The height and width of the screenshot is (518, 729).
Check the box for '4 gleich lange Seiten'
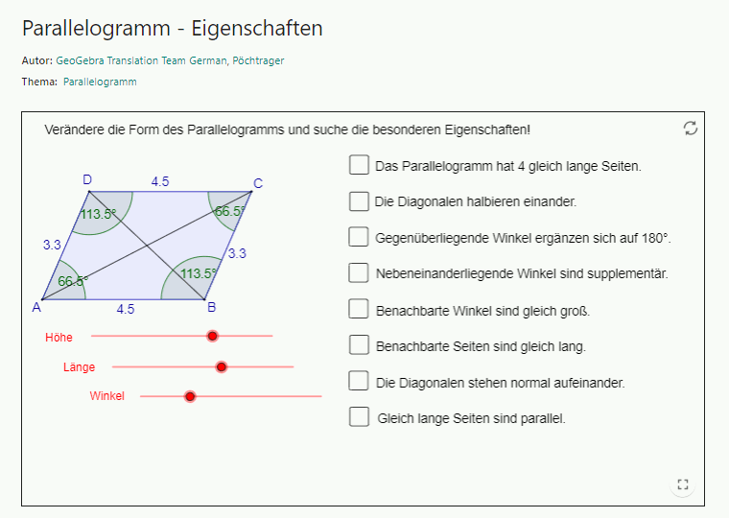[x=359, y=165]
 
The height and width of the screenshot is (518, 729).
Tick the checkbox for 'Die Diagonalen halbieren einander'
[x=359, y=201]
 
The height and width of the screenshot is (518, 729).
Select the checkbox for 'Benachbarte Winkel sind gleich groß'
[x=359, y=309]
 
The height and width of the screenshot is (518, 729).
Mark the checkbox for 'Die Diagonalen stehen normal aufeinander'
[x=359, y=381]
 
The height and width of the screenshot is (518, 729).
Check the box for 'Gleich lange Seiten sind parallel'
[x=359, y=416]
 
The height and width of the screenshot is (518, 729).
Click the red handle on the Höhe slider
[x=213, y=336]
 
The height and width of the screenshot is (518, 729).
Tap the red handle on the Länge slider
[x=222, y=366]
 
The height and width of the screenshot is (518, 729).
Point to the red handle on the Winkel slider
[x=190, y=396]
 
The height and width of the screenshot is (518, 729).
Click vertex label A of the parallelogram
[x=35, y=307]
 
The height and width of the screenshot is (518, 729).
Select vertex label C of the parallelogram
[x=258, y=183]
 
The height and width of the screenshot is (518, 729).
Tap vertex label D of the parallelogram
[x=87, y=179]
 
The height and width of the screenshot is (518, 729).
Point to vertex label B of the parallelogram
[x=212, y=308]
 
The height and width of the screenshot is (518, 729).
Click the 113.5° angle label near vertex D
[x=98, y=214]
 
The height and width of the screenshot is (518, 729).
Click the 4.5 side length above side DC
[x=160, y=181]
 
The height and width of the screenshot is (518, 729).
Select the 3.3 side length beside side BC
[x=237, y=253]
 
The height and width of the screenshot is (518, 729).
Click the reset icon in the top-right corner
[x=691, y=129]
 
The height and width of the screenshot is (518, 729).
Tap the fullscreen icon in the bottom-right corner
[x=683, y=485]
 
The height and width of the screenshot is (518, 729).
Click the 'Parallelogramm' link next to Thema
[x=100, y=82]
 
